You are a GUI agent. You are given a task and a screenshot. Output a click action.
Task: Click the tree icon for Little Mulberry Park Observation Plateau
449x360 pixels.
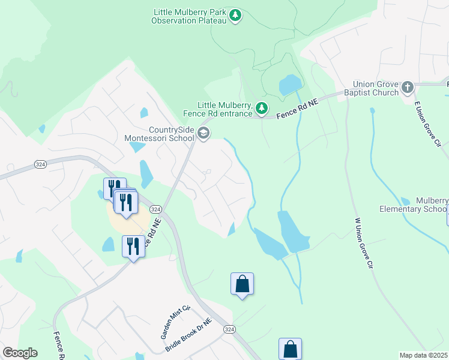(x=236, y=15)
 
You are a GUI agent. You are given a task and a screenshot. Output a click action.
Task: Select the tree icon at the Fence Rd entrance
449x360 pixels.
(x=261, y=108)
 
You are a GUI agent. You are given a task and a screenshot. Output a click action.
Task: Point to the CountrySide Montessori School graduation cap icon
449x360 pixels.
(x=203, y=133)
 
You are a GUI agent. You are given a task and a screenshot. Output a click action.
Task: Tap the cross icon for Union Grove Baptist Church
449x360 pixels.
(x=407, y=88)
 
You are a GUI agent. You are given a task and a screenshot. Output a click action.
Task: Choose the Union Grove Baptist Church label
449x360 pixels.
(x=376, y=89)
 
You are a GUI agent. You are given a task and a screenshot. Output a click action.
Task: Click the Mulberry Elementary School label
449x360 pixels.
(x=414, y=205)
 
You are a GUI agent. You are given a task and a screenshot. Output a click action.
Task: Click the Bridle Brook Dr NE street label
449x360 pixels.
(x=188, y=335)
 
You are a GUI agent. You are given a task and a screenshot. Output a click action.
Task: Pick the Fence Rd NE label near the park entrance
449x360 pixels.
(x=296, y=109)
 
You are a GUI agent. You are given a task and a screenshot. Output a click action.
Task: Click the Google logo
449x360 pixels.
(x=20, y=353)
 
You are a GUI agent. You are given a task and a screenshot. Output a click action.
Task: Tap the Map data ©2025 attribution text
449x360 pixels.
(x=423, y=355)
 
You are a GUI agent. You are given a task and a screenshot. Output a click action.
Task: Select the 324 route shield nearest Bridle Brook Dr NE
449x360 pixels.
(x=229, y=329)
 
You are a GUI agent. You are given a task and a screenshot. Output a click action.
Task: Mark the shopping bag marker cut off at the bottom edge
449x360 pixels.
(x=290, y=349)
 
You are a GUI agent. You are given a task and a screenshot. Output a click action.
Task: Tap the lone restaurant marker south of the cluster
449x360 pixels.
(x=133, y=247)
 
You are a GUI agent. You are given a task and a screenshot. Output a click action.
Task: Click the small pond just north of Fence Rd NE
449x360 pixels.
(x=289, y=85)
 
